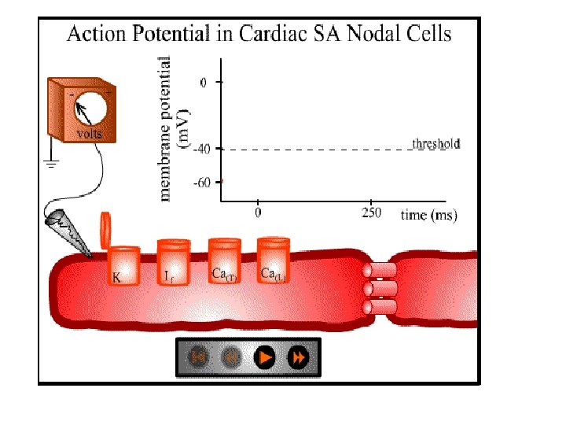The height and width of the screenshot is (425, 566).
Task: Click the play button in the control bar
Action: tap(266, 357)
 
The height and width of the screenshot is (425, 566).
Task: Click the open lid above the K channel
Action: tap(107, 229)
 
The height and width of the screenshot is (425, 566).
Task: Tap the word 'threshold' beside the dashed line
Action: tap(436, 144)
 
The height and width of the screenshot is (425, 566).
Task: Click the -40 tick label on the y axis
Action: tap(203, 148)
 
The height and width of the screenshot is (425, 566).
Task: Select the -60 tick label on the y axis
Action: tap(203, 182)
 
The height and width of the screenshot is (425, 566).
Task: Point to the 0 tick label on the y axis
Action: tap(205, 82)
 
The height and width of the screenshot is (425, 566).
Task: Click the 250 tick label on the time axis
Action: tap(370, 213)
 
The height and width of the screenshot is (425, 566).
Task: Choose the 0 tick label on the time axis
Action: tap(258, 213)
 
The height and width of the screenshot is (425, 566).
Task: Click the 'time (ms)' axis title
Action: tap(428, 214)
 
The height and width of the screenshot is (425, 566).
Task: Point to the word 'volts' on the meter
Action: tap(88, 134)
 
